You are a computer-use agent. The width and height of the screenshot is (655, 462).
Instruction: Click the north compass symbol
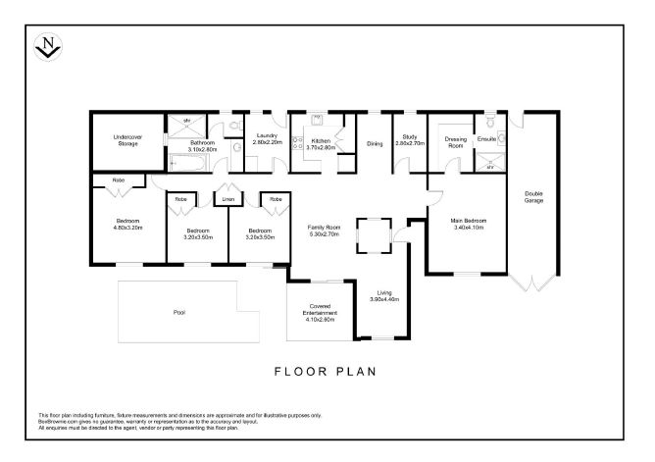click(x=47, y=45)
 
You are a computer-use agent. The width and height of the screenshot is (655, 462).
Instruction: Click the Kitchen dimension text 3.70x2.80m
click(x=321, y=146)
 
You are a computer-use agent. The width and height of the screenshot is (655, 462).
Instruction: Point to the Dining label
click(x=375, y=144)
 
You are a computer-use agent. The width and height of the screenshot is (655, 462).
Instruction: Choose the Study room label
click(x=410, y=138)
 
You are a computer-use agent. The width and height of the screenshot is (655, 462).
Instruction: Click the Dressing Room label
click(x=455, y=141)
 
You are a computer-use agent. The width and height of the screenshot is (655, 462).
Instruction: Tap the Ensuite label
click(x=486, y=139)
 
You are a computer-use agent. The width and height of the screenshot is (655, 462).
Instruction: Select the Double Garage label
click(x=533, y=196)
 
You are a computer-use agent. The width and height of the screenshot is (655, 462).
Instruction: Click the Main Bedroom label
click(x=468, y=221)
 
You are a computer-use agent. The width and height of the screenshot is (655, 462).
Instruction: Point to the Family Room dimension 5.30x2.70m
click(x=323, y=234)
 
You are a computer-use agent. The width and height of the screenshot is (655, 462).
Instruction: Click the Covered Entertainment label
click(x=319, y=309)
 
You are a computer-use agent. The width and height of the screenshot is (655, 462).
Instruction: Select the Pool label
click(x=178, y=313)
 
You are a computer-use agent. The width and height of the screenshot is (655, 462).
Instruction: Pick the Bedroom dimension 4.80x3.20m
click(x=128, y=227)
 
